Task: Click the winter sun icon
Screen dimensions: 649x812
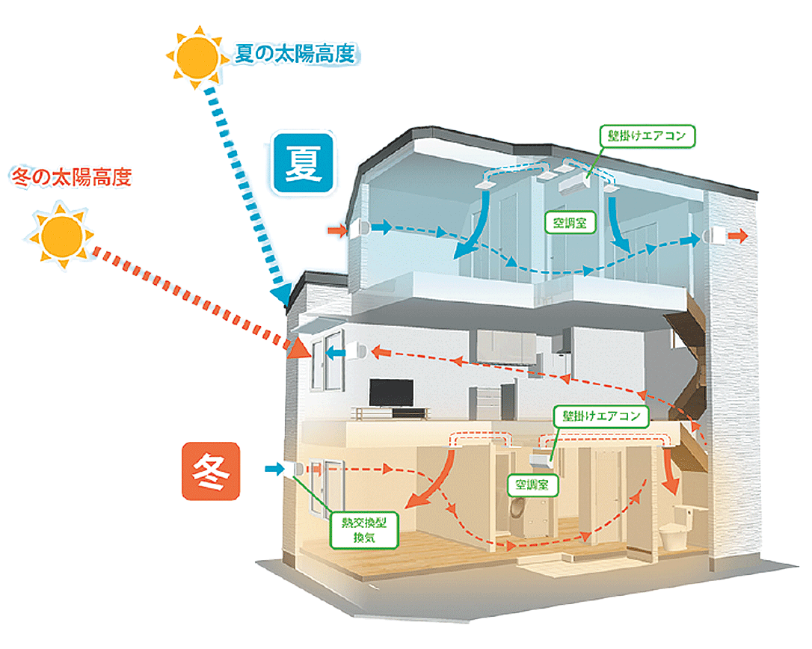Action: coord(62,236)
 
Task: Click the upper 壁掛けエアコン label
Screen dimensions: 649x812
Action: coord(648,137)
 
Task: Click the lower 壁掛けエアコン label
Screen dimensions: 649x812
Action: coord(600,416)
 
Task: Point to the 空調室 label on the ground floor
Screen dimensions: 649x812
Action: coord(532,485)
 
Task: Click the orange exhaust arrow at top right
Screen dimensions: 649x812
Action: coord(737,237)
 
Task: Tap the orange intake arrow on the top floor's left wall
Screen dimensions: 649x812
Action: coord(334,231)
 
